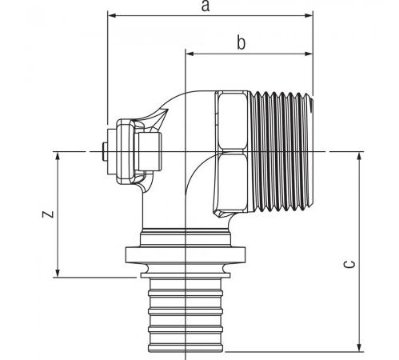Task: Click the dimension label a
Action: [205, 6]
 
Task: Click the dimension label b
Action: [241, 42]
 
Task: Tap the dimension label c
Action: [349, 264]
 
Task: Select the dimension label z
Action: [49, 214]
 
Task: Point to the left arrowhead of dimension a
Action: [112, 15]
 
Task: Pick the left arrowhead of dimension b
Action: [190, 54]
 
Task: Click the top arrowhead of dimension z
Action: [58, 157]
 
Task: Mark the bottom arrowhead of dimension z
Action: [58, 273]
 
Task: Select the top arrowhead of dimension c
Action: [360, 157]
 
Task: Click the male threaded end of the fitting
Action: [282, 151]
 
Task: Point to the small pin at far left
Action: [105, 151]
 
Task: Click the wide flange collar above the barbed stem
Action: [186, 255]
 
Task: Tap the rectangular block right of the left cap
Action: [148, 151]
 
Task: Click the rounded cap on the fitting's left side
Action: [126, 151]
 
